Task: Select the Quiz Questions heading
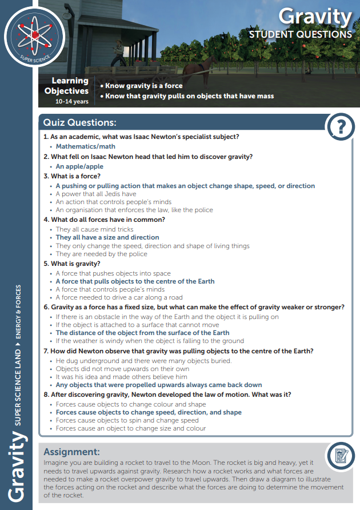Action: [x=80, y=123]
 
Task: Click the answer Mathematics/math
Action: [x=85, y=147]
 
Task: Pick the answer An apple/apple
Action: [x=79, y=166]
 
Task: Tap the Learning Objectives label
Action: [x=67, y=86]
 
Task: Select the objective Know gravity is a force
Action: [x=141, y=86]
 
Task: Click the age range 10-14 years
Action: [x=71, y=101]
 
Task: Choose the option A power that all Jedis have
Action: [x=96, y=194]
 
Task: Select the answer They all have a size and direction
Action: [x=107, y=237]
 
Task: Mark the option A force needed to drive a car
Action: [x=119, y=297]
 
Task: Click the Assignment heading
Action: [x=71, y=451]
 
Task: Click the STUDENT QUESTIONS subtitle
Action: [x=300, y=34]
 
